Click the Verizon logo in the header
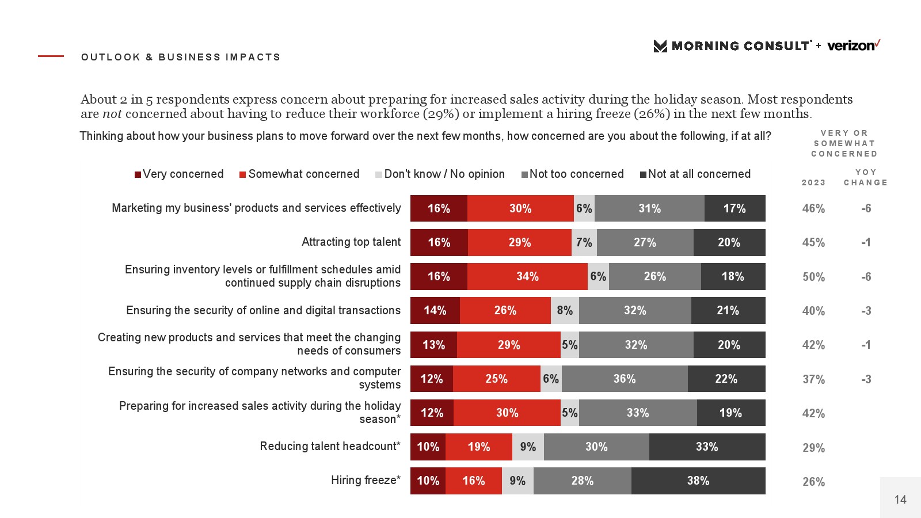pos(854,45)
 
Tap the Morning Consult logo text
pos(740,46)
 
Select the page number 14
pos(900,500)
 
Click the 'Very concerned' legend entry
pos(179,174)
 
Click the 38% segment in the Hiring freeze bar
pos(698,481)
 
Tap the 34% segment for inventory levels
pos(527,276)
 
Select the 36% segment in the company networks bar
pos(625,379)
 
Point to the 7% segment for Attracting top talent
pos(584,242)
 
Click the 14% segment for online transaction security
pos(435,310)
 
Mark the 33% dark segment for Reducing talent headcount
pos(707,447)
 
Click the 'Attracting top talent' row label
pos(351,242)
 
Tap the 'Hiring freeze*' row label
pos(366,480)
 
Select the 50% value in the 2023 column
pos(813,277)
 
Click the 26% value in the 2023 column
pos(813,482)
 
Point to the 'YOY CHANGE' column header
pos(866,177)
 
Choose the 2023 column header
pos(813,182)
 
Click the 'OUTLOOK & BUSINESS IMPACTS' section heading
pos(181,57)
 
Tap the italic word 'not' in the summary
pos(112,113)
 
